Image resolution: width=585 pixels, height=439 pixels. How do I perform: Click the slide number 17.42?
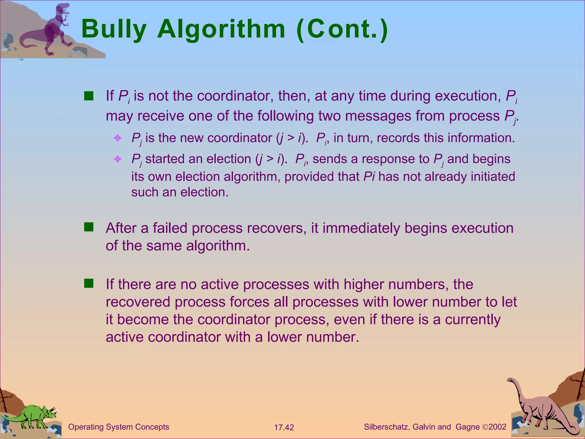coord(284,427)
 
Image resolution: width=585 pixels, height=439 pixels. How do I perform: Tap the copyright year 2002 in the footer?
coord(497,427)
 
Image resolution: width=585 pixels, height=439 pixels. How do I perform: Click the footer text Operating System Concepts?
coord(119,427)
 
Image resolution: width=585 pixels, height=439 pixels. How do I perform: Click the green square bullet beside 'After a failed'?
coord(89,227)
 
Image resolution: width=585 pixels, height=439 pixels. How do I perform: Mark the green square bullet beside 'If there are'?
coord(89,284)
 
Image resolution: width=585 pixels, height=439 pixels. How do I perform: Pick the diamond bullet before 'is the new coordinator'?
coord(118,138)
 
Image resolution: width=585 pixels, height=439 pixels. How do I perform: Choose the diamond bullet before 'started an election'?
coord(118,159)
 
